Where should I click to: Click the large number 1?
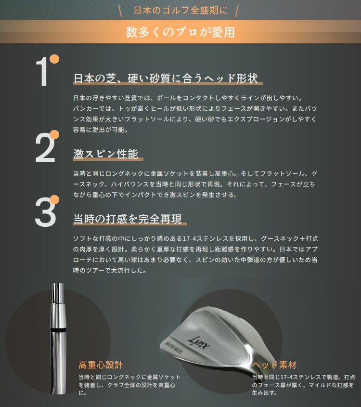(42, 71)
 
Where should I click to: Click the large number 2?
(45, 147)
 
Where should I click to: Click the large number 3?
(45, 212)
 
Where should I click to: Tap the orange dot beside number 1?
(54, 59)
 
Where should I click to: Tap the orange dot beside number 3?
(54, 199)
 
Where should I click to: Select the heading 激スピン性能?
(105, 154)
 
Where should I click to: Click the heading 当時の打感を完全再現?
(128, 219)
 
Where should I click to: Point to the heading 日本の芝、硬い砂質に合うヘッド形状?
(166, 78)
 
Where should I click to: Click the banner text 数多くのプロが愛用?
(180, 32)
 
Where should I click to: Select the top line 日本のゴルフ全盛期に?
(180, 10)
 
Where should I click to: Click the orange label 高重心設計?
(101, 365)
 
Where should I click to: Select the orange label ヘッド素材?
(274, 365)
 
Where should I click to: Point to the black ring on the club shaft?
(58, 330)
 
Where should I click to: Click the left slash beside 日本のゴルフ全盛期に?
(120, 11)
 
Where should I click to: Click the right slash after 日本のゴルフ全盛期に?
(236, 11)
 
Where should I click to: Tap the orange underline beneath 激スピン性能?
(108, 159)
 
